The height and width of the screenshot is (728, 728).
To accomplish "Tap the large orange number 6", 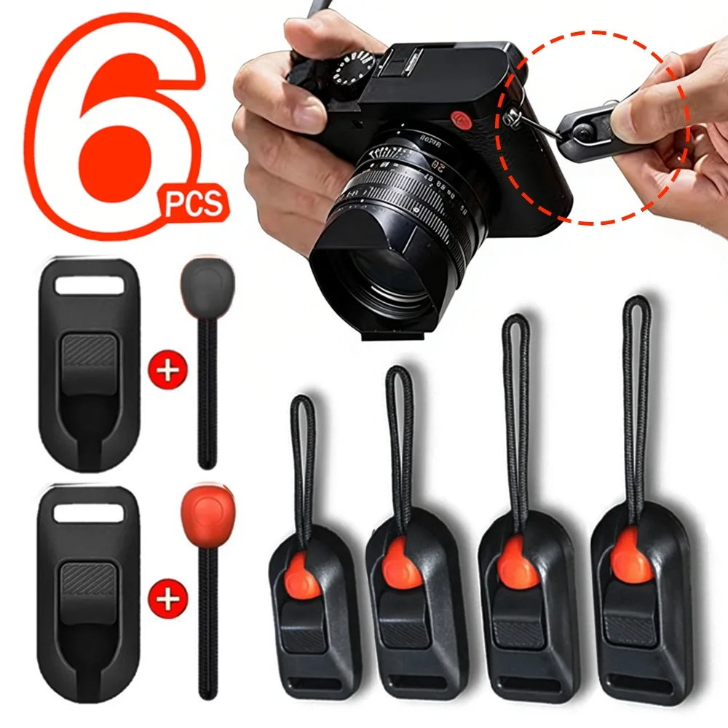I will click(109, 124).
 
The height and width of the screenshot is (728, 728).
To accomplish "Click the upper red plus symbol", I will click(167, 371).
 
